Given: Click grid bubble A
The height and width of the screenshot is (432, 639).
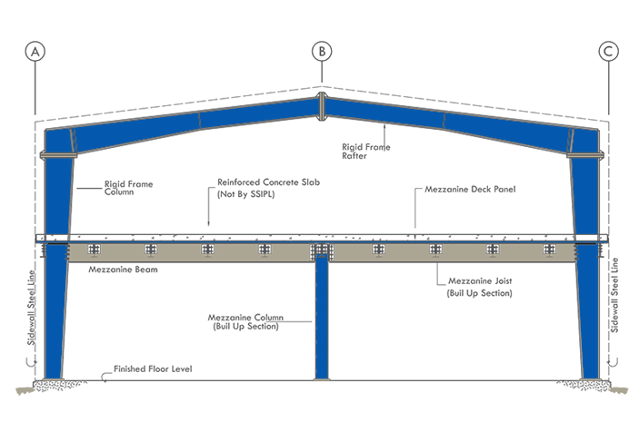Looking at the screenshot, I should (35, 52).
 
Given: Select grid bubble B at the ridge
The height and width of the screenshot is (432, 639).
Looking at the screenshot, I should (321, 52).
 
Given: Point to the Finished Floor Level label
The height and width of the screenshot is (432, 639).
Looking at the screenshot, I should (154, 370).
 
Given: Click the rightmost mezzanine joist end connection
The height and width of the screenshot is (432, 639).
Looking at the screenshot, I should (549, 250).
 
